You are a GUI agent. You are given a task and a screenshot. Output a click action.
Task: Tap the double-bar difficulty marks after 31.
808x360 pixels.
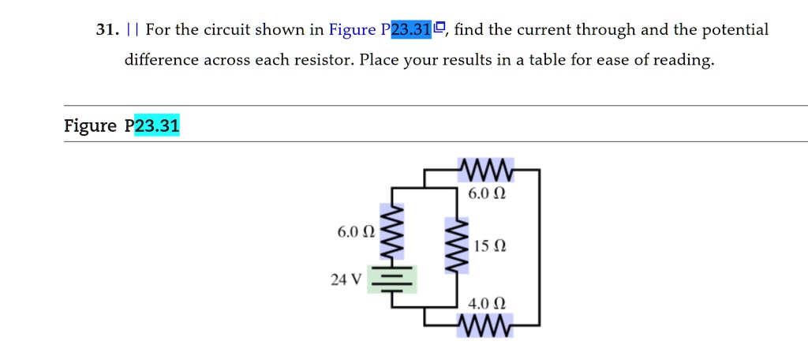pos(131,31)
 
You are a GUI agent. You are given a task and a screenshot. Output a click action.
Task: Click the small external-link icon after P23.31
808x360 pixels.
pos(440,29)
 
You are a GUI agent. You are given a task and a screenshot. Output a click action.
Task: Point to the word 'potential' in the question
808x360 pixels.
pos(735,31)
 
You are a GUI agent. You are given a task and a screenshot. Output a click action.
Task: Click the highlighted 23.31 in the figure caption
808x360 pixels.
pos(157,126)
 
